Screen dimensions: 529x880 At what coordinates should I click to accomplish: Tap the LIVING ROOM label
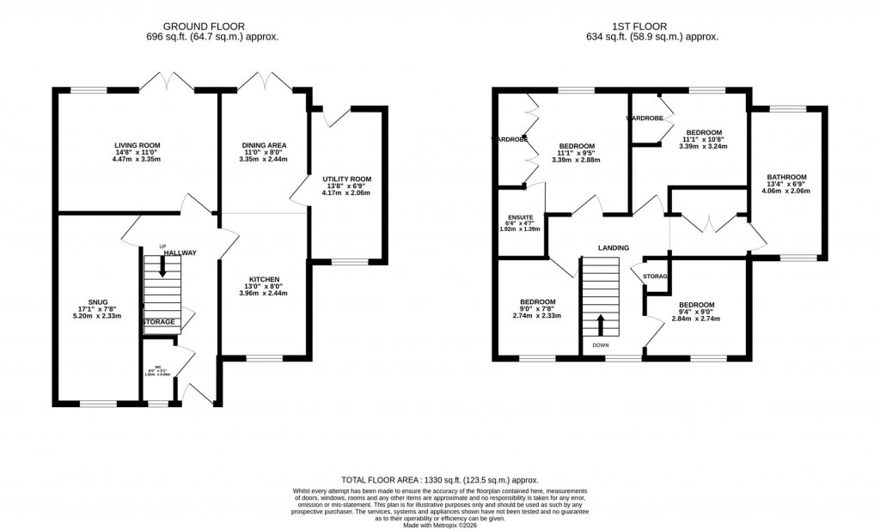(137, 146)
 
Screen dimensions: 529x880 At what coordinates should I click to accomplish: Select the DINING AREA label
(264, 146)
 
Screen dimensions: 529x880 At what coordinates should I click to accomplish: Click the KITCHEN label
(264, 280)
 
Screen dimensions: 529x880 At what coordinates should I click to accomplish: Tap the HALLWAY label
(181, 252)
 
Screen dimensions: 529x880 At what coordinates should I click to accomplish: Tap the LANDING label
(614, 248)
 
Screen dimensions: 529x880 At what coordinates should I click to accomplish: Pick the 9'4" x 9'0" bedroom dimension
(695, 311)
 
